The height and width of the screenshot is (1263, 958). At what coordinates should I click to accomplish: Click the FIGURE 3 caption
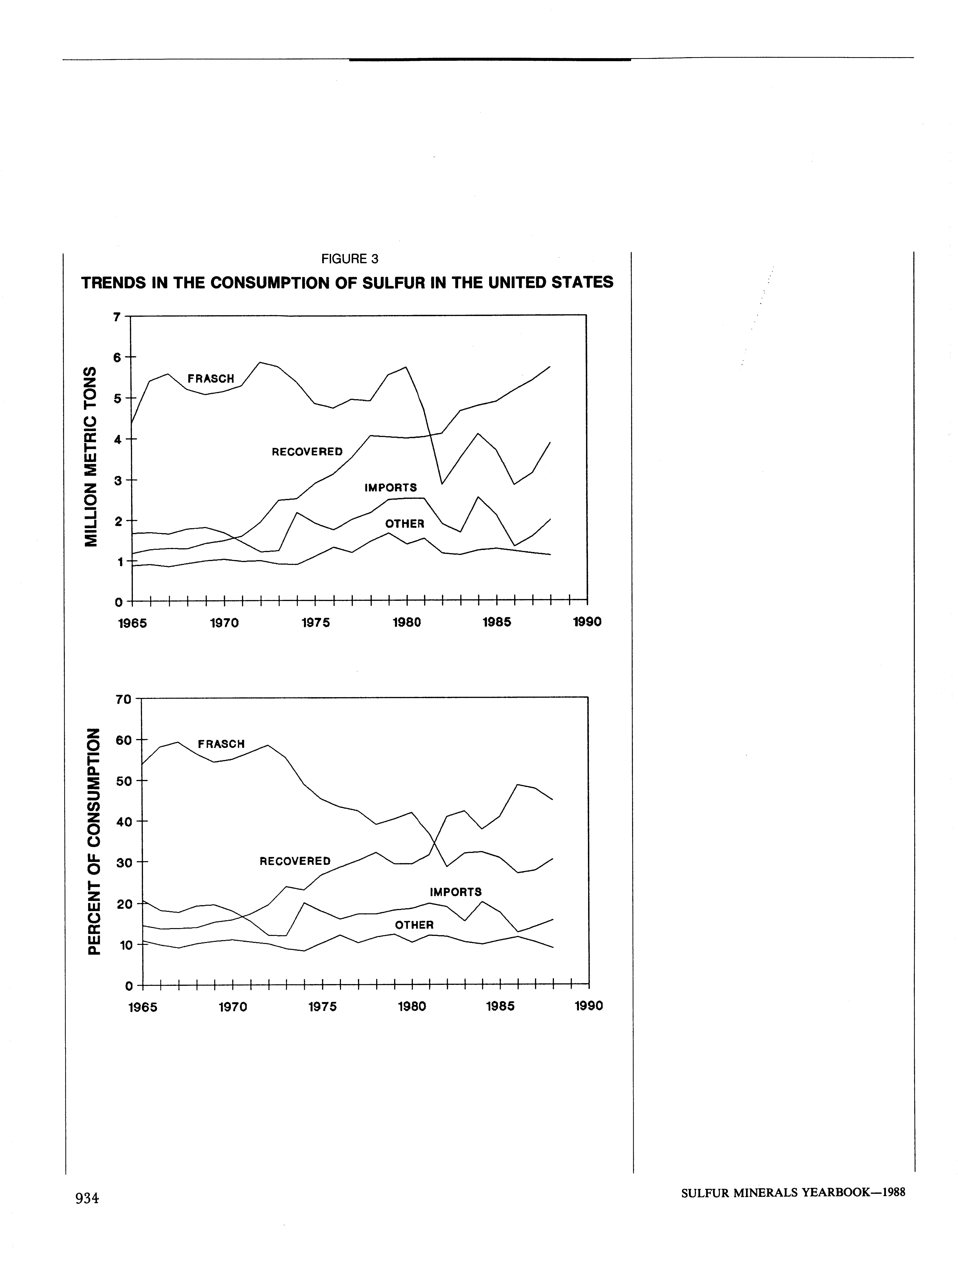tap(349, 259)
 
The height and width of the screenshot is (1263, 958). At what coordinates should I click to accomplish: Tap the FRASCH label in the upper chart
tap(211, 378)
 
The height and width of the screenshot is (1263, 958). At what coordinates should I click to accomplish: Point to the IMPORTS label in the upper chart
tap(391, 488)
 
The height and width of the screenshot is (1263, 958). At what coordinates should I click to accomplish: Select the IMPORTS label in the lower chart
tap(456, 892)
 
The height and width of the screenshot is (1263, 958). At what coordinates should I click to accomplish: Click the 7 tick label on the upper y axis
tap(117, 317)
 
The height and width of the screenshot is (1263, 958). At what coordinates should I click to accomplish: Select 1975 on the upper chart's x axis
tap(316, 622)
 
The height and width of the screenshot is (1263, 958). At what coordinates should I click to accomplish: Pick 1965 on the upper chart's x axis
tap(132, 622)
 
